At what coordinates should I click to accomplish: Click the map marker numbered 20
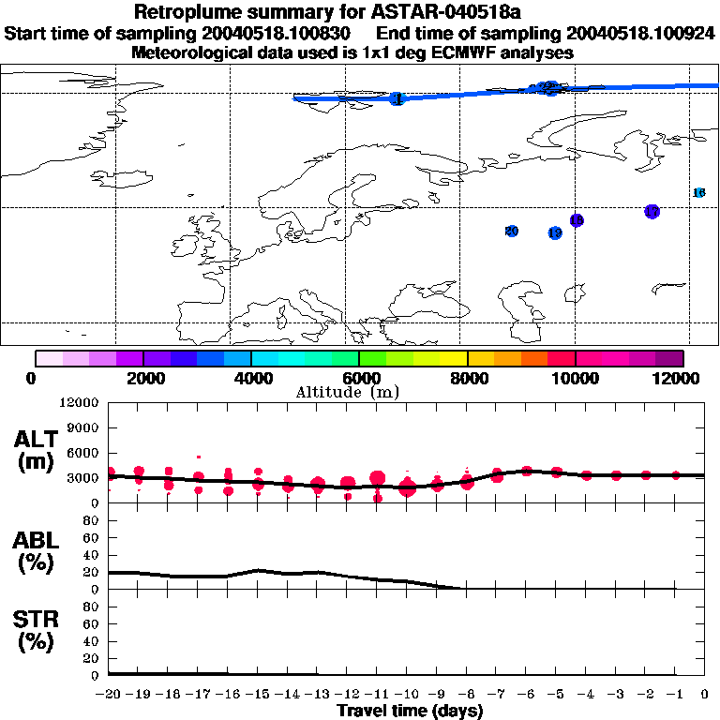[512, 231]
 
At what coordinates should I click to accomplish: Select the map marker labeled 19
[555, 232]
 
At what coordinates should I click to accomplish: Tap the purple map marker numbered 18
[577, 220]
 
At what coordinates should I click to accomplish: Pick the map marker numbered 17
[652, 212]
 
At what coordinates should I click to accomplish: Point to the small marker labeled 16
[698, 192]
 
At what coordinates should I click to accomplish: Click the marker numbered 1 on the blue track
[397, 98]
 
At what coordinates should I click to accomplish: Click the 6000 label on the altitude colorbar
[359, 378]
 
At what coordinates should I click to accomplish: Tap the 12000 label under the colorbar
[681, 378]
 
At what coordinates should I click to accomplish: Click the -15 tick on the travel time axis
[258, 695]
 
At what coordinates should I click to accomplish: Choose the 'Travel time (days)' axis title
[410, 711]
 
